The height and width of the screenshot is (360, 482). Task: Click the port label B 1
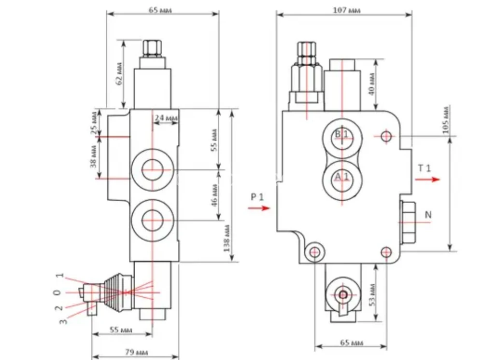341,133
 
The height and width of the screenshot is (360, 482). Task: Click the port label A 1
341,177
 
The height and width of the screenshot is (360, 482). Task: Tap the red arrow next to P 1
259,208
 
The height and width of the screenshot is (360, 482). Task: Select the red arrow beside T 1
427,179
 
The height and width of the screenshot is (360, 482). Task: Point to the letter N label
428,215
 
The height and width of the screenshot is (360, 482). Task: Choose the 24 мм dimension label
166,118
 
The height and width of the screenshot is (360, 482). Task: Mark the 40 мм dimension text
371,84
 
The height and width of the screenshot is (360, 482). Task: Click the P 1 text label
258,196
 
